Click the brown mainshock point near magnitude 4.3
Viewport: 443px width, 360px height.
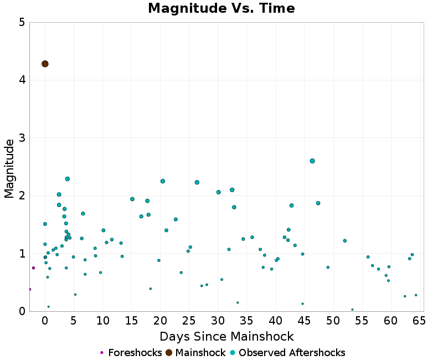point(45,64)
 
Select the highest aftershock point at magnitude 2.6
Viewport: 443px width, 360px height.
point(312,161)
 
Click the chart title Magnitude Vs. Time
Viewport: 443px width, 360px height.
point(221,8)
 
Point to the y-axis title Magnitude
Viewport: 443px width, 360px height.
point(9,168)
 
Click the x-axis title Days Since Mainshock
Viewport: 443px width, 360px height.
point(226,336)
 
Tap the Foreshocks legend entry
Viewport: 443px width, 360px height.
point(131,353)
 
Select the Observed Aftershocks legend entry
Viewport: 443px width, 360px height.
point(287,353)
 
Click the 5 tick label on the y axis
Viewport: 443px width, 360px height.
point(21,23)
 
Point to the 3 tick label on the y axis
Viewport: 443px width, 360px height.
point(21,138)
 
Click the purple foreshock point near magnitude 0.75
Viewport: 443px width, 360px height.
point(33,268)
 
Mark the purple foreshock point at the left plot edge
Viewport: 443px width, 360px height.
point(29,289)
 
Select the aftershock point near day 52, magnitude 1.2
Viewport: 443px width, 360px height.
point(344,240)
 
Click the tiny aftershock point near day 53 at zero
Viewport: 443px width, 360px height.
point(352,310)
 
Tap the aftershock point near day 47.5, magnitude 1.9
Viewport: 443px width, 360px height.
point(318,203)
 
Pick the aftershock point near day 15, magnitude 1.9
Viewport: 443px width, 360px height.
point(132,199)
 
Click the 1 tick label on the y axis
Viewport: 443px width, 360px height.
point(21,254)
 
